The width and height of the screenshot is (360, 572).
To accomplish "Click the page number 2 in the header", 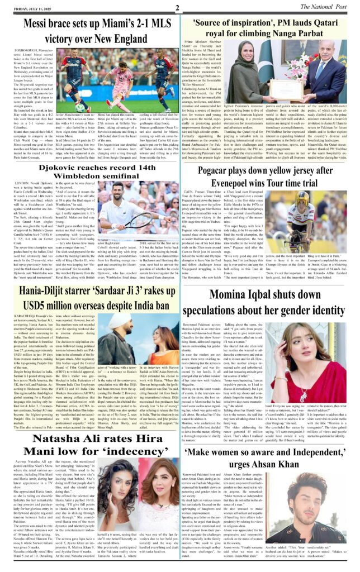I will point(177,8).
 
